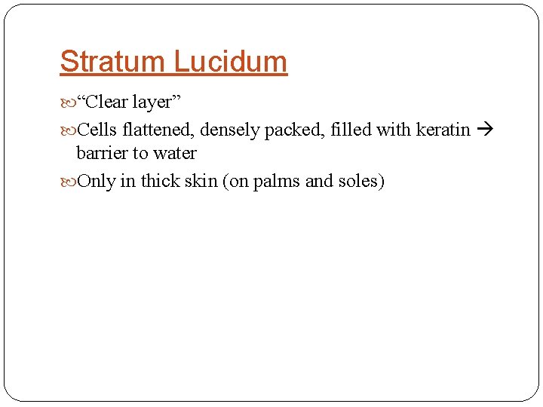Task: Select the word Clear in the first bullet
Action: (x=109, y=103)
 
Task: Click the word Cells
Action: (x=96, y=130)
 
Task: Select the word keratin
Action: (x=443, y=130)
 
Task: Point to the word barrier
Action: (x=100, y=153)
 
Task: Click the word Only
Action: (x=97, y=181)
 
